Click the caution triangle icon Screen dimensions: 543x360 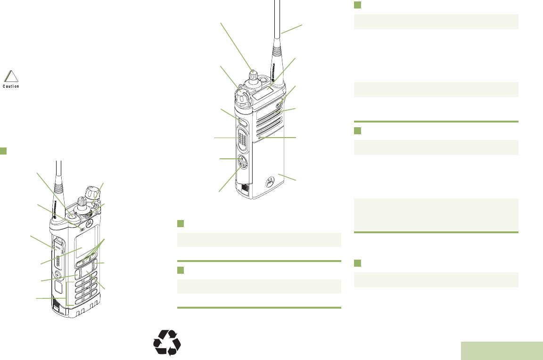[10, 76]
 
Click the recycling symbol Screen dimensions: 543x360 [167, 342]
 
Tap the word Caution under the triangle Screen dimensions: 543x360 [10, 86]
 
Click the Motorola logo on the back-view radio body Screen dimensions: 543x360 [271, 181]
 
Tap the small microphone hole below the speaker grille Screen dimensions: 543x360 [260, 138]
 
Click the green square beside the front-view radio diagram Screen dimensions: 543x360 [3, 151]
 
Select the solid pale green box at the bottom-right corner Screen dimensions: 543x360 [502, 351]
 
